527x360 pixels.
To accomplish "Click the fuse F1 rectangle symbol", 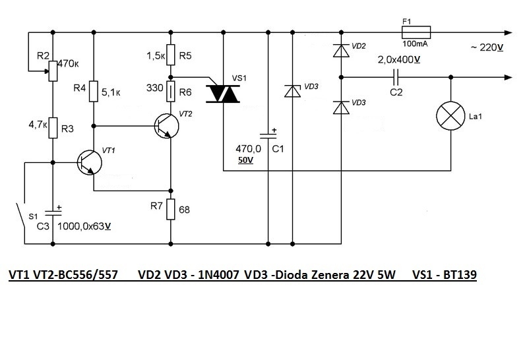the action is click(x=416, y=32).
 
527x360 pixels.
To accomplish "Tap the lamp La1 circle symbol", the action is click(x=450, y=116).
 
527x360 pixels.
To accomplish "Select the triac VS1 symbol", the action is click(x=223, y=94).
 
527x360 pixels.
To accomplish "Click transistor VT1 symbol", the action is click(x=89, y=163).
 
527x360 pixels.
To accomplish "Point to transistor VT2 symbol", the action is click(x=167, y=126).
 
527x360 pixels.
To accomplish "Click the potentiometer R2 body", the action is click(x=53, y=71).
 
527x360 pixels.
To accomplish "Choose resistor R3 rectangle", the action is click(x=53, y=128).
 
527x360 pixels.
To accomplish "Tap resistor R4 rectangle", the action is click(x=94, y=91).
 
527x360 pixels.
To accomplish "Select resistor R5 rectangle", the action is click(x=171, y=55).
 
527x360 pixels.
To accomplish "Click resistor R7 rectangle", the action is click(x=171, y=209).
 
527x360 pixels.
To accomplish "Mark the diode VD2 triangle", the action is click(x=341, y=50).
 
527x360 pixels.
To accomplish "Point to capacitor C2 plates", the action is click(x=396, y=77).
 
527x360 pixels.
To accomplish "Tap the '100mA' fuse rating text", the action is click(x=415, y=44).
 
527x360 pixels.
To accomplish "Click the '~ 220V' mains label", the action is click(x=487, y=47).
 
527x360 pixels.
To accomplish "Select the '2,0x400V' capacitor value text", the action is click(x=399, y=60).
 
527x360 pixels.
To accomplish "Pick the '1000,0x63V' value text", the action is click(x=84, y=226).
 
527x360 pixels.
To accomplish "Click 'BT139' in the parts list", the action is click(x=460, y=275).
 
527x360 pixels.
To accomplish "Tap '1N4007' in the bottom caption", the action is click(x=218, y=275).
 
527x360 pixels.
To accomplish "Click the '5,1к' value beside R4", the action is click(x=111, y=92).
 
